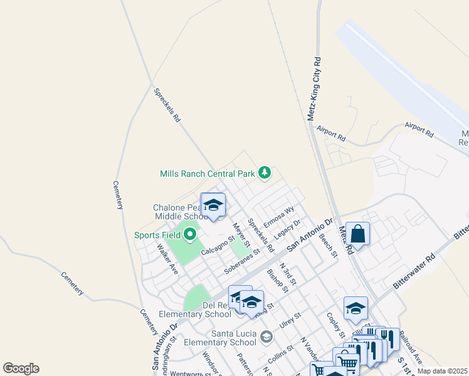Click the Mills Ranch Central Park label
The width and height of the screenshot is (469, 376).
208,173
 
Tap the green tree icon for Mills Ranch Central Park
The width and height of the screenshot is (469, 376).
265,172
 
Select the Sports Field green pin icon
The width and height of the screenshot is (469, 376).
190,236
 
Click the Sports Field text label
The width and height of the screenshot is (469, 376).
157,236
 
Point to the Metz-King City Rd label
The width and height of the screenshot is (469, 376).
315,90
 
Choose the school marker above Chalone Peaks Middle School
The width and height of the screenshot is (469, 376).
213,205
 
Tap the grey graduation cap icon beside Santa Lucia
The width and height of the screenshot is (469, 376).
266,338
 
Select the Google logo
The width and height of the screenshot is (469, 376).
21,368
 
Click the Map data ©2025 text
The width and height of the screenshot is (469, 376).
442,371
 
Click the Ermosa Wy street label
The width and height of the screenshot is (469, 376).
278,217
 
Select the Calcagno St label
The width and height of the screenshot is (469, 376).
218,245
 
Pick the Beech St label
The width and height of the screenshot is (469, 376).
330,245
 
